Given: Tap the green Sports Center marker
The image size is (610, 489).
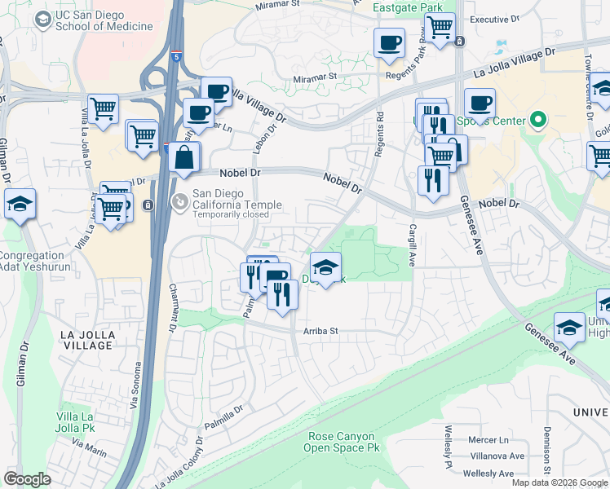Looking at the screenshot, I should (x=537, y=121).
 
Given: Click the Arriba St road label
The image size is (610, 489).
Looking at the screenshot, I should (x=320, y=332).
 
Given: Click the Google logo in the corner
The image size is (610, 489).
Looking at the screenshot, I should (x=27, y=479).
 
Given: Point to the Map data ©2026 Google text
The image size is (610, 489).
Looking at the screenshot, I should (x=559, y=482).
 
